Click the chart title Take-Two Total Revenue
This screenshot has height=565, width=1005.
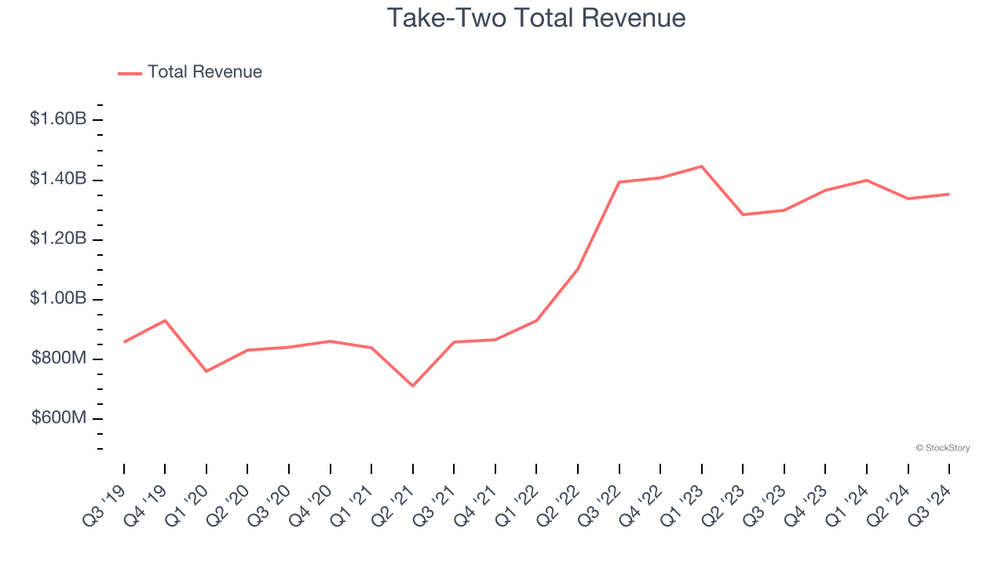pos(536,18)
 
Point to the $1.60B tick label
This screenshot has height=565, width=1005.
pos(58,119)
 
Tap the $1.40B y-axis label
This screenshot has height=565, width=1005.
pos(58,179)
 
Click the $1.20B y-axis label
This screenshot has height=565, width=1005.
pos(58,239)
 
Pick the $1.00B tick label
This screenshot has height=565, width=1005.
pos(58,298)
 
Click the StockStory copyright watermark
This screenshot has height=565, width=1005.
pos(943,448)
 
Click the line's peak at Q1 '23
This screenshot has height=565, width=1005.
pos(701,166)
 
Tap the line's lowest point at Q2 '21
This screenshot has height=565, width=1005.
pos(413,385)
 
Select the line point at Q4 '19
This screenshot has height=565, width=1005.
pos(165,320)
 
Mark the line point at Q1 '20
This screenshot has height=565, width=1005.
pos(206,371)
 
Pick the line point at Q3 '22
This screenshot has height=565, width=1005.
pos(619,182)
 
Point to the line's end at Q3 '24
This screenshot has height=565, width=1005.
pos(948,194)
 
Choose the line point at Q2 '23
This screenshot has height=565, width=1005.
pos(743,214)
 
